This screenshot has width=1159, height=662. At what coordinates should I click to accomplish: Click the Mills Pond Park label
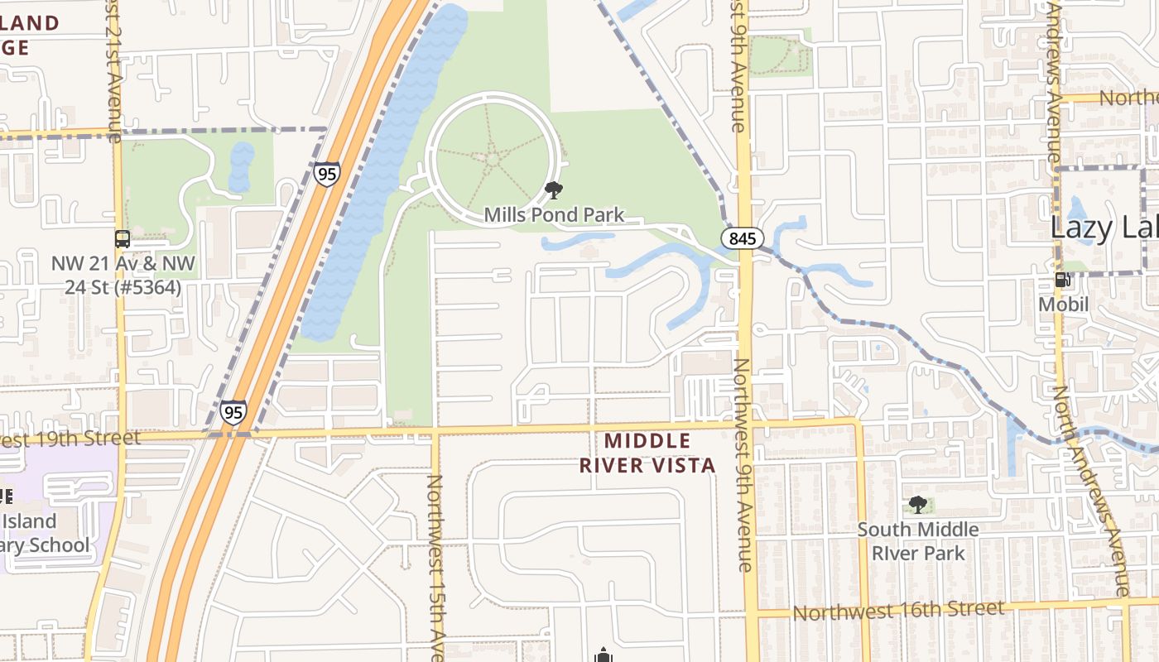point(554,215)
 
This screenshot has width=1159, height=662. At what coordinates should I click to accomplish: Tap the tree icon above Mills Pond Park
point(554,191)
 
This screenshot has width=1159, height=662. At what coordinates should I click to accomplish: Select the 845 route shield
point(742,239)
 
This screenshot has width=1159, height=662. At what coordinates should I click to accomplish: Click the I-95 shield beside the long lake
point(327,174)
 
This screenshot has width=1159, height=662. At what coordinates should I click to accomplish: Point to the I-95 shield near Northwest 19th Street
point(233,413)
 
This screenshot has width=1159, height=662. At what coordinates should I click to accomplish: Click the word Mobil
point(1064,304)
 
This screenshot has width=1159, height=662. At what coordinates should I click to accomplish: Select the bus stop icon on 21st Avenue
point(123,239)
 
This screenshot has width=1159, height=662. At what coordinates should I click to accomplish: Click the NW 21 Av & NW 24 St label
point(123,276)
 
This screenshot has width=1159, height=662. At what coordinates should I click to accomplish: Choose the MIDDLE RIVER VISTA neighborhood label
point(647,453)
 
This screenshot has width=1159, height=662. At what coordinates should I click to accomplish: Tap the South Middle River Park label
point(917,541)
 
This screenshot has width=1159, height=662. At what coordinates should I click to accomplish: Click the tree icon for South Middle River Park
point(917,504)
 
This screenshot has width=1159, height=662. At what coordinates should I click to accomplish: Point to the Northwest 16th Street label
point(898,611)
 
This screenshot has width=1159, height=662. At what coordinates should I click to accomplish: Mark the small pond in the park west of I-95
point(241,165)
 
